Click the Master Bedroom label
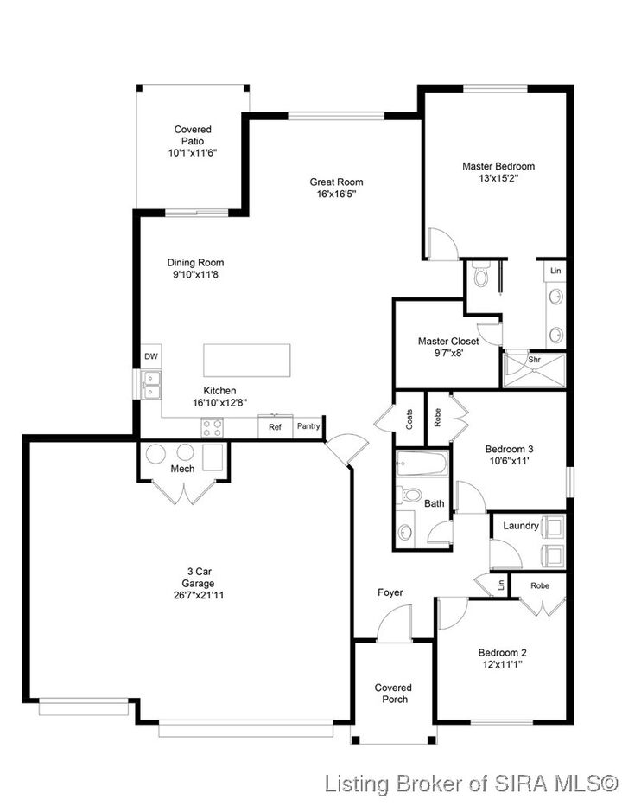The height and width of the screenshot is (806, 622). pos(498,166)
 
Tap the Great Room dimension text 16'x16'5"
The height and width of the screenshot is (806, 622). pos(336,195)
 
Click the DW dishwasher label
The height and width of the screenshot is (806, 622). pos(151,356)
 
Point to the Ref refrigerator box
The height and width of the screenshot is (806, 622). pos(275,427)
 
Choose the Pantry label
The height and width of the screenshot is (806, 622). pos(308,426)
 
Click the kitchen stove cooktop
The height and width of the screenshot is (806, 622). pos(213,426)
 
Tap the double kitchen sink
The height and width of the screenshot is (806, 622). pos(151,384)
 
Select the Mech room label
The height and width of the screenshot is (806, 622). pos(182,469)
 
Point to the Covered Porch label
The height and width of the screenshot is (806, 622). pos(393,693)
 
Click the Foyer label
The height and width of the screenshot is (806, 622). pos(390,592)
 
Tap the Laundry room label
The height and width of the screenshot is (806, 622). pos(521,526)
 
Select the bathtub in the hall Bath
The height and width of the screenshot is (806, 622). pos(422,465)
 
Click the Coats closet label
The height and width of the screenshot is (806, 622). pos(409,420)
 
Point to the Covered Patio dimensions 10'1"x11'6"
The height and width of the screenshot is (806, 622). pos(192,151)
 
